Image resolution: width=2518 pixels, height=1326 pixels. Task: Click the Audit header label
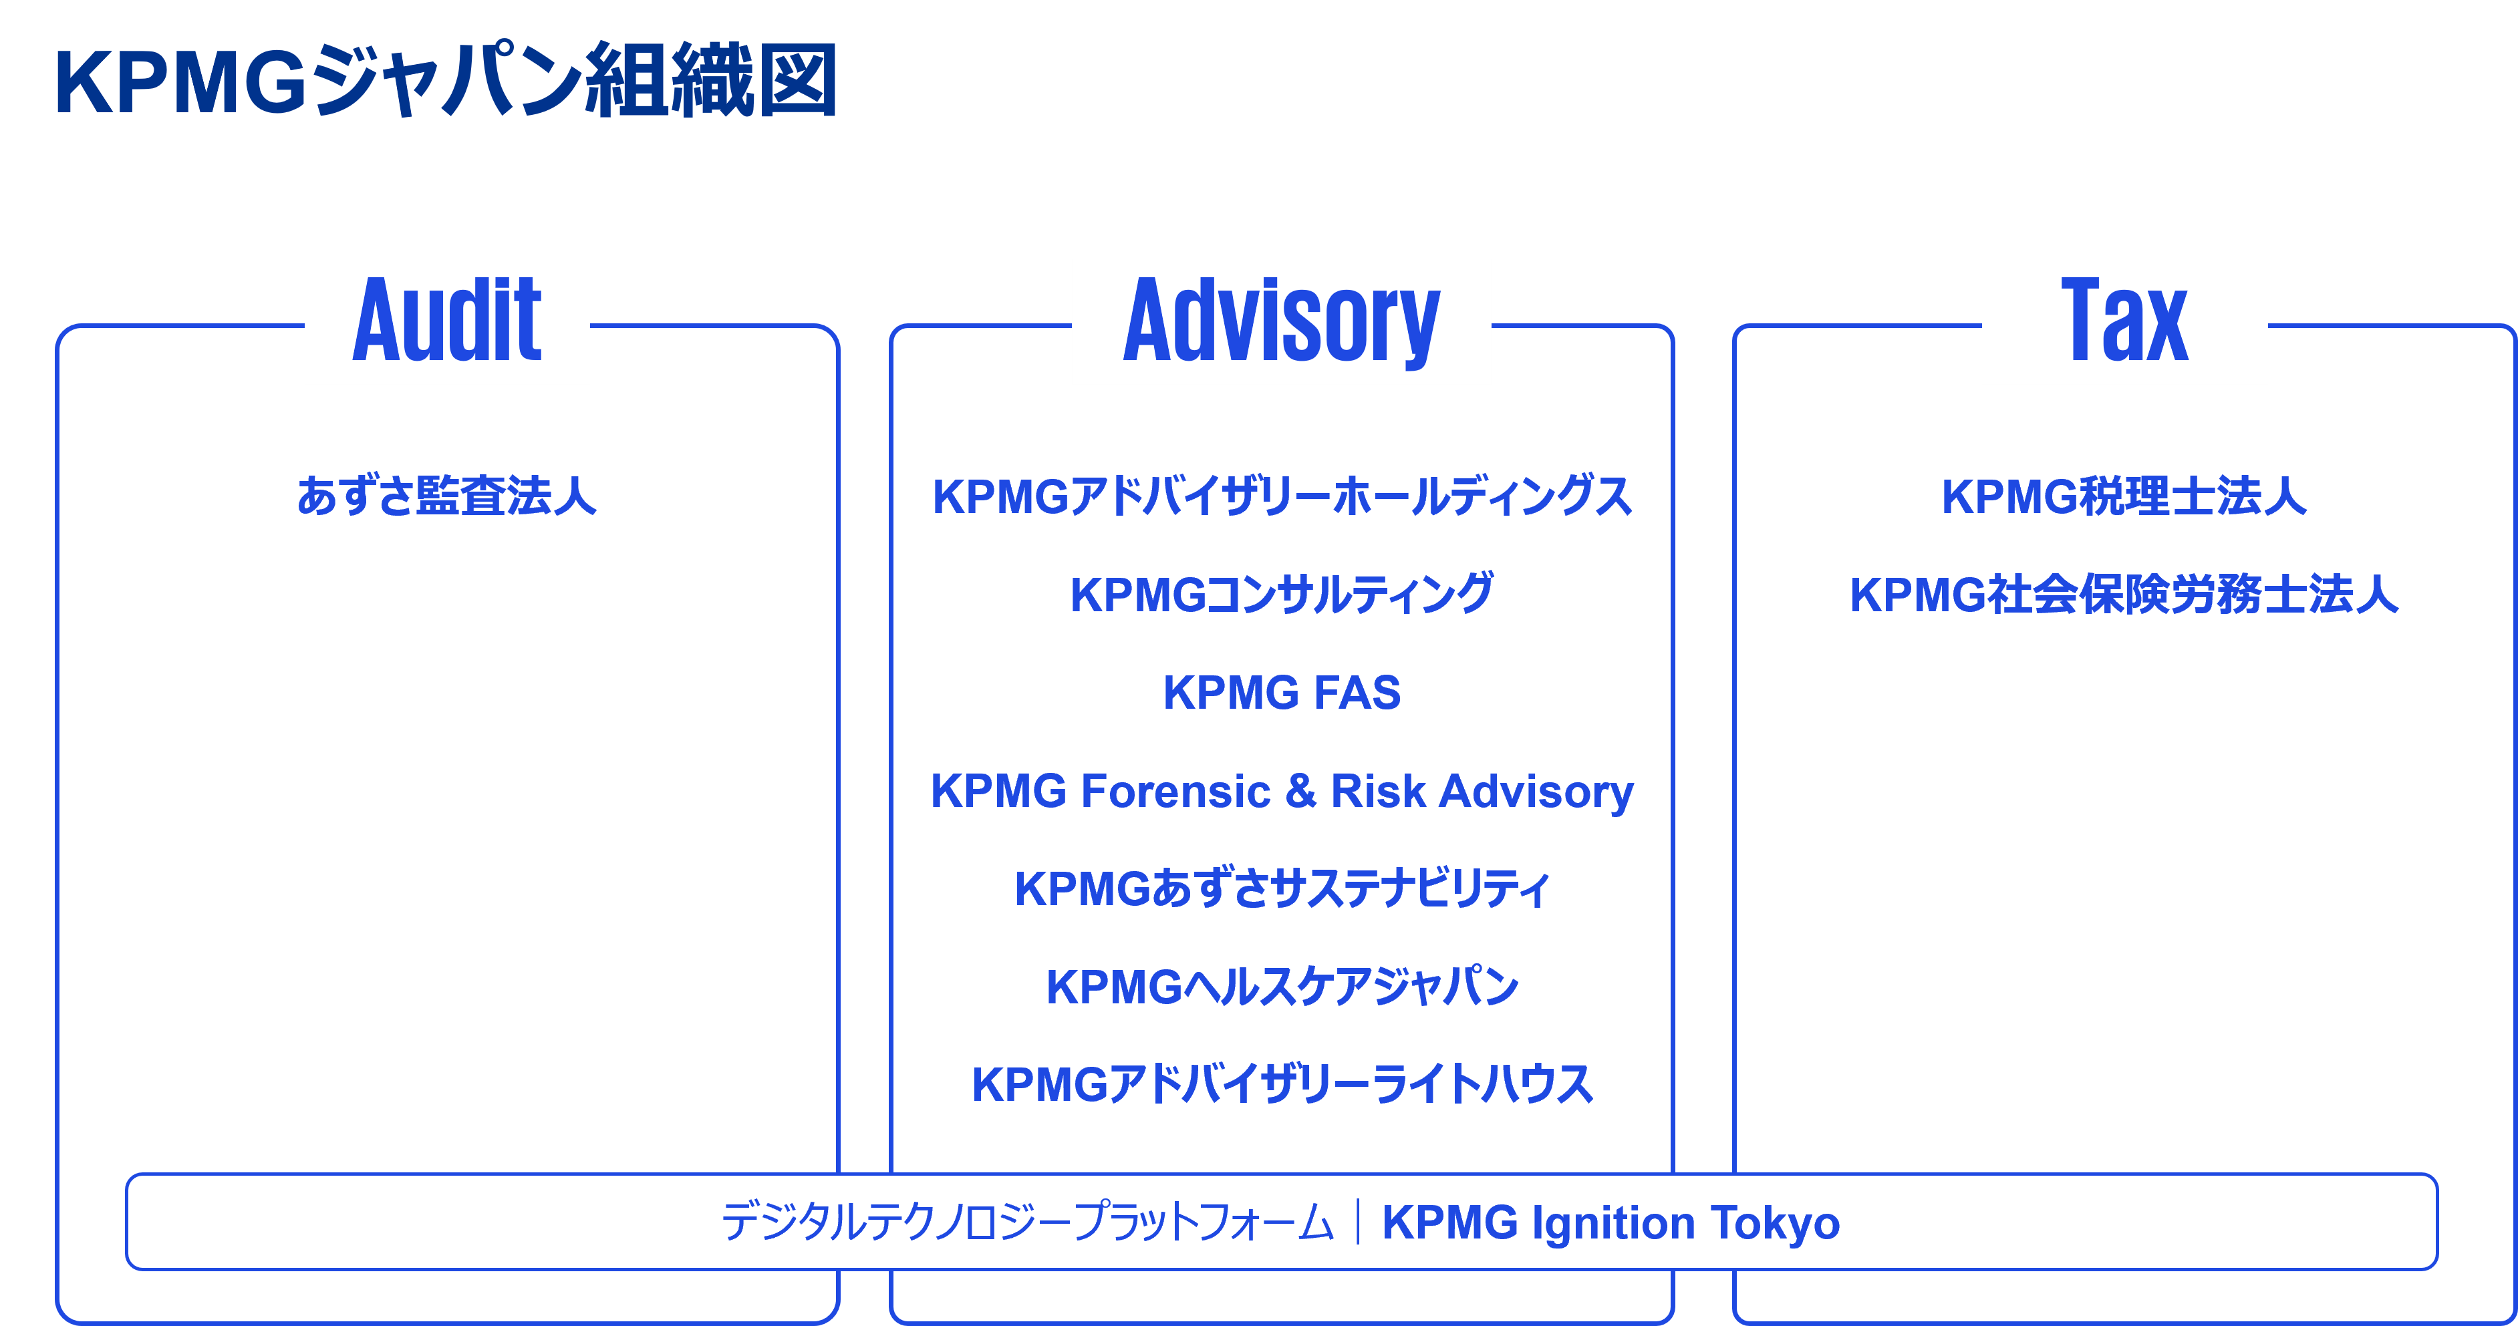446,321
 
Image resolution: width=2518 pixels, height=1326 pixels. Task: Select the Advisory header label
1280,321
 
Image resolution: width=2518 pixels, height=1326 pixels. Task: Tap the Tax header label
2124,321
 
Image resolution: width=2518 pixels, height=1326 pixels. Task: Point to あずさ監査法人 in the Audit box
446,496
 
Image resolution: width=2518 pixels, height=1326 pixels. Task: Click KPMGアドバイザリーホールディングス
1282,496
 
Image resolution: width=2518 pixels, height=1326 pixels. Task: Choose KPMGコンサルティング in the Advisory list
1282,594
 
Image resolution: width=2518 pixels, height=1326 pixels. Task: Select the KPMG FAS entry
1282,693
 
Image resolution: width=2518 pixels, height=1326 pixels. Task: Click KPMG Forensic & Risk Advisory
1282,792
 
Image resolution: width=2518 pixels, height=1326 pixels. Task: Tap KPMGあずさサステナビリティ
1282,889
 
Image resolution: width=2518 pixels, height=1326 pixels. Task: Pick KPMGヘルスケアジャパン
1282,987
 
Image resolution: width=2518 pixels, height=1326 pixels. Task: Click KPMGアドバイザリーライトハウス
1282,1085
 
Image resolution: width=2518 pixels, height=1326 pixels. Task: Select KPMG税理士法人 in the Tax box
2124,496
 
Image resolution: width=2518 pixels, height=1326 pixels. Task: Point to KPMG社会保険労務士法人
2124,594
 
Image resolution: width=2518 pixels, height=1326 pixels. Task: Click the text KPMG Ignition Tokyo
1610,1223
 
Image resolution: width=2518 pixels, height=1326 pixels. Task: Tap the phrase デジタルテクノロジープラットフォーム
1027,1223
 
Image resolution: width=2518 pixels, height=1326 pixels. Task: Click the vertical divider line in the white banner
1359,1222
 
